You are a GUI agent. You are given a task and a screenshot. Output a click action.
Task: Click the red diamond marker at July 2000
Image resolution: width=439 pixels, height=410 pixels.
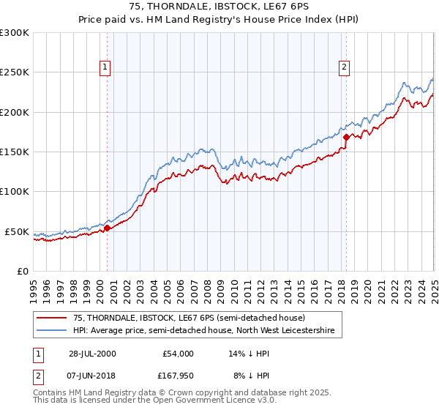tap(107, 228)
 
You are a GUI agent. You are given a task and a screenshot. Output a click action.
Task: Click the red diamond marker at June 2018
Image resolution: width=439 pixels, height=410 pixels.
tap(345, 136)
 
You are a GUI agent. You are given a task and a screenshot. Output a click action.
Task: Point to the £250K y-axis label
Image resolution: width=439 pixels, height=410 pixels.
tap(15, 72)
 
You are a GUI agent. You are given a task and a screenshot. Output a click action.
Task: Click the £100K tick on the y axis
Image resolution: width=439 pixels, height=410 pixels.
tap(15, 191)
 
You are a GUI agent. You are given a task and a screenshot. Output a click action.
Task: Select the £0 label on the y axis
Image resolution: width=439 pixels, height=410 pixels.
tap(21, 271)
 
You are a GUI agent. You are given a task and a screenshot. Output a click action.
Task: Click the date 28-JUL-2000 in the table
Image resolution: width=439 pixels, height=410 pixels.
tap(92, 354)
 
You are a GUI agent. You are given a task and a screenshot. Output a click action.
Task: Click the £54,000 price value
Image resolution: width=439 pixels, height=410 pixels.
tap(176, 354)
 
